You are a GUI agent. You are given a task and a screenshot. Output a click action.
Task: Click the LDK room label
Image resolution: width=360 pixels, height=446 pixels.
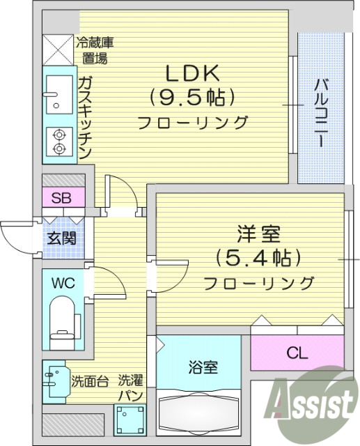(x=191, y=72)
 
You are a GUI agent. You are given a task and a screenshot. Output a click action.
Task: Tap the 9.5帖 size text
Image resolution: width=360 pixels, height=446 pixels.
(x=191, y=96)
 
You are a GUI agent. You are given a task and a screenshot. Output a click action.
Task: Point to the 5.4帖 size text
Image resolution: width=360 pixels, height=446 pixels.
(x=257, y=257)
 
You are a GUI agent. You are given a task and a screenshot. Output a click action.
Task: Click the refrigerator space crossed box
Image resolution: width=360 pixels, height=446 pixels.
(x=58, y=48)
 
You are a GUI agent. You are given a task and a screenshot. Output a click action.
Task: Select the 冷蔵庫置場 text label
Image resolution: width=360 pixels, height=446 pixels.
(x=95, y=49)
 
